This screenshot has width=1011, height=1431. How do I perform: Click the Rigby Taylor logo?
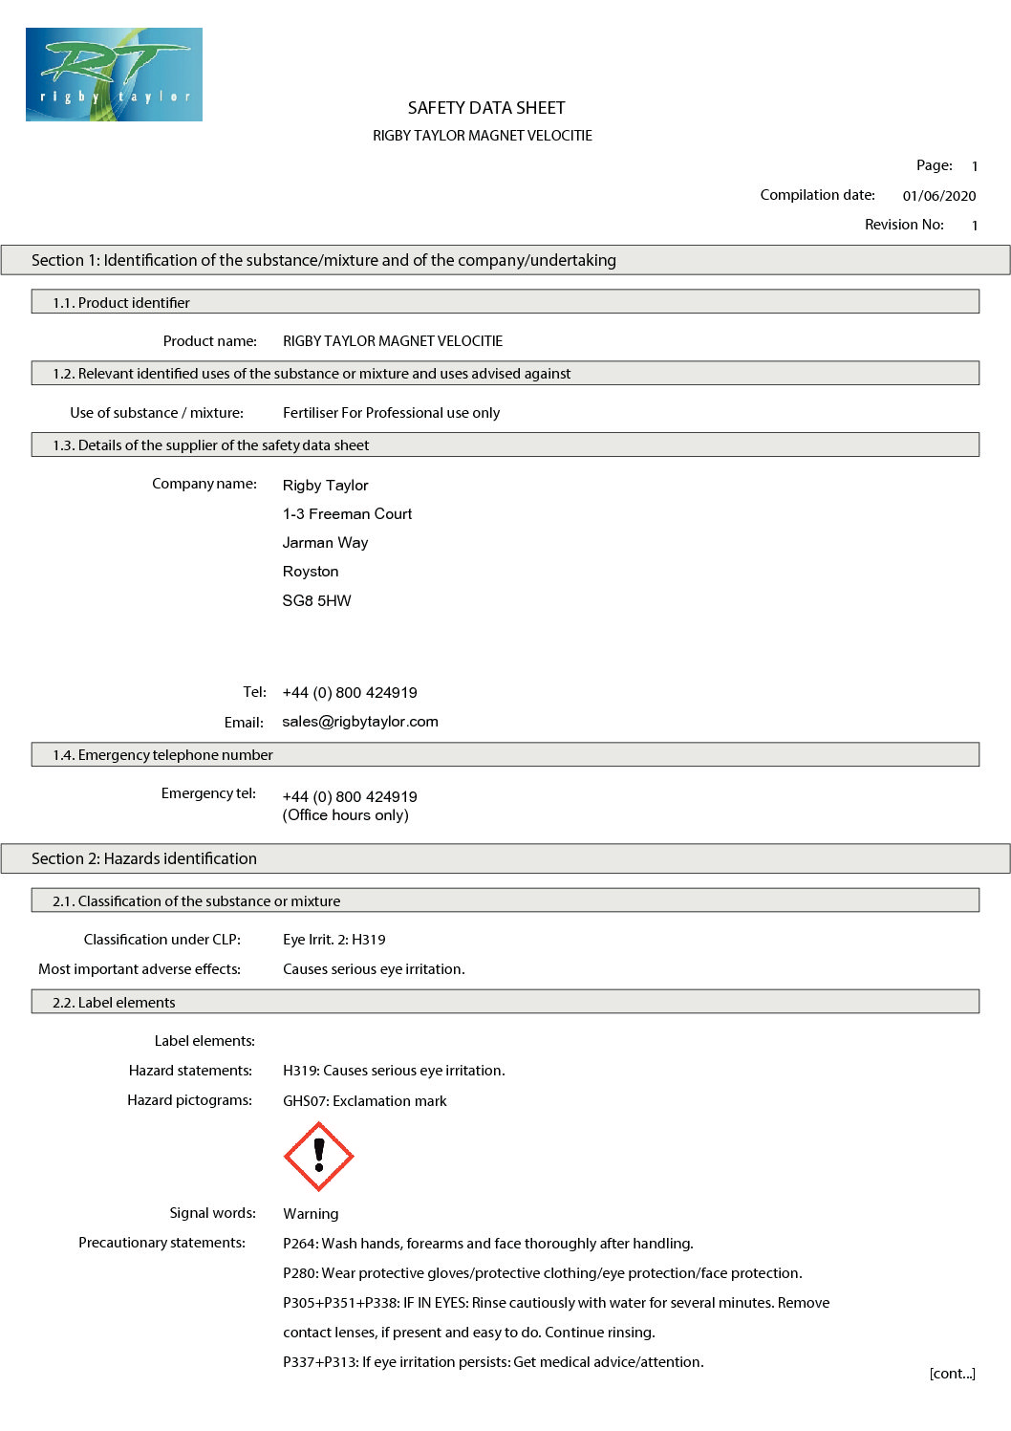coord(114,75)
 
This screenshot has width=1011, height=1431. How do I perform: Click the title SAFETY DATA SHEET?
coord(486,108)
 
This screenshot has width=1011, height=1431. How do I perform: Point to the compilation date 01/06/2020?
coord(938,196)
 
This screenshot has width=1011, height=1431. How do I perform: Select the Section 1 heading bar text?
coord(323,260)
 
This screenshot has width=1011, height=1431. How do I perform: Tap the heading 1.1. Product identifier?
coord(120,303)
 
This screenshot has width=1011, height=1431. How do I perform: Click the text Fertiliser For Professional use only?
coord(391,413)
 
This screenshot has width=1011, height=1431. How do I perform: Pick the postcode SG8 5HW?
coord(316,601)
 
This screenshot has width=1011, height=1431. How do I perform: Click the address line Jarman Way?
coord(325,543)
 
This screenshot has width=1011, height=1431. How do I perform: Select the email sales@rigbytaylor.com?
coord(359,722)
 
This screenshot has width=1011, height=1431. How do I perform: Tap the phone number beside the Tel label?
coord(350,693)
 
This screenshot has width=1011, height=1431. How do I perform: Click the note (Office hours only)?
coord(345,815)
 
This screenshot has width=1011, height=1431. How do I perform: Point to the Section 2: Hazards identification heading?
coord(143,858)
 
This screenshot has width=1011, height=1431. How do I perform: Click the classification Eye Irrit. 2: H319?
coord(333,940)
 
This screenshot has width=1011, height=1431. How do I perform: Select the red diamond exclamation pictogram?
coord(319,1157)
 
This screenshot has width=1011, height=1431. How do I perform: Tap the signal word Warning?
coord(311,1214)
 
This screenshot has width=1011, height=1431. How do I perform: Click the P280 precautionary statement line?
coord(542,1273)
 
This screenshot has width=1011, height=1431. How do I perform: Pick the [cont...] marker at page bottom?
coord(952,1374)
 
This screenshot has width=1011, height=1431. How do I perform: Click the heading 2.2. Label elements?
coord(114,1003)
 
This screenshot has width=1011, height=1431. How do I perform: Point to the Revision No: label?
coord(904,225)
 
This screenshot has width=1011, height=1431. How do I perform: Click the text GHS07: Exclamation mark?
coord(364,1101)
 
